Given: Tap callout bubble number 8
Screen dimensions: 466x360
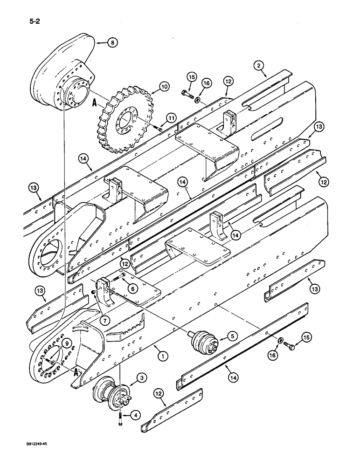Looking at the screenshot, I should [x=112, y=42].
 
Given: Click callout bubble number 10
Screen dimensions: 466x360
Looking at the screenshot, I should [x=151, y=86].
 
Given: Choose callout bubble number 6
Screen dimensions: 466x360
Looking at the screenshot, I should [x=133, y=289].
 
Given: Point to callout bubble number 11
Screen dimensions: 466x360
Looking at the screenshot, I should [x=171, y=119].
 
